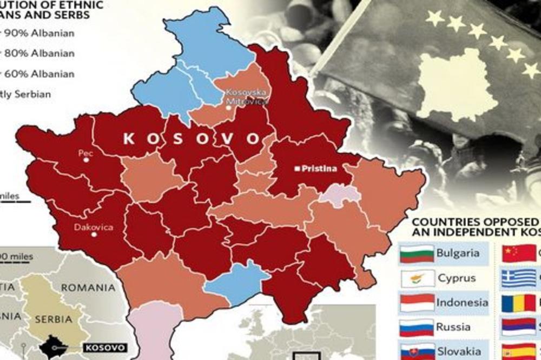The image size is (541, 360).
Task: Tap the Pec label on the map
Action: coord(85,154)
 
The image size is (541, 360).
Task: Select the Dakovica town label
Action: coord(94,227)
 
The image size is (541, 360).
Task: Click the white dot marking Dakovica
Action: coord(94,235)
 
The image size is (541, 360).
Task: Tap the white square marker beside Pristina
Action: coord(297,169)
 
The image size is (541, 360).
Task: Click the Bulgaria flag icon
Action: coord(415,253)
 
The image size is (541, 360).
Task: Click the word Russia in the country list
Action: coord(453,327)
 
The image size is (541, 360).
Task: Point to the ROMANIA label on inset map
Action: coord(89,288)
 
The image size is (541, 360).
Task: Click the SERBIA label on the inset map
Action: coord(53,319)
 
